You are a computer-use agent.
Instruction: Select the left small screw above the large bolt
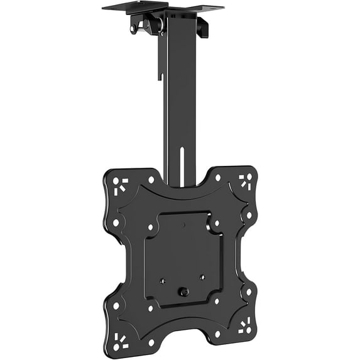162,281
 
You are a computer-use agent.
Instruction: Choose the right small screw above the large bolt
202,277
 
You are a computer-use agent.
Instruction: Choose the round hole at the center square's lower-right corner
217,300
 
